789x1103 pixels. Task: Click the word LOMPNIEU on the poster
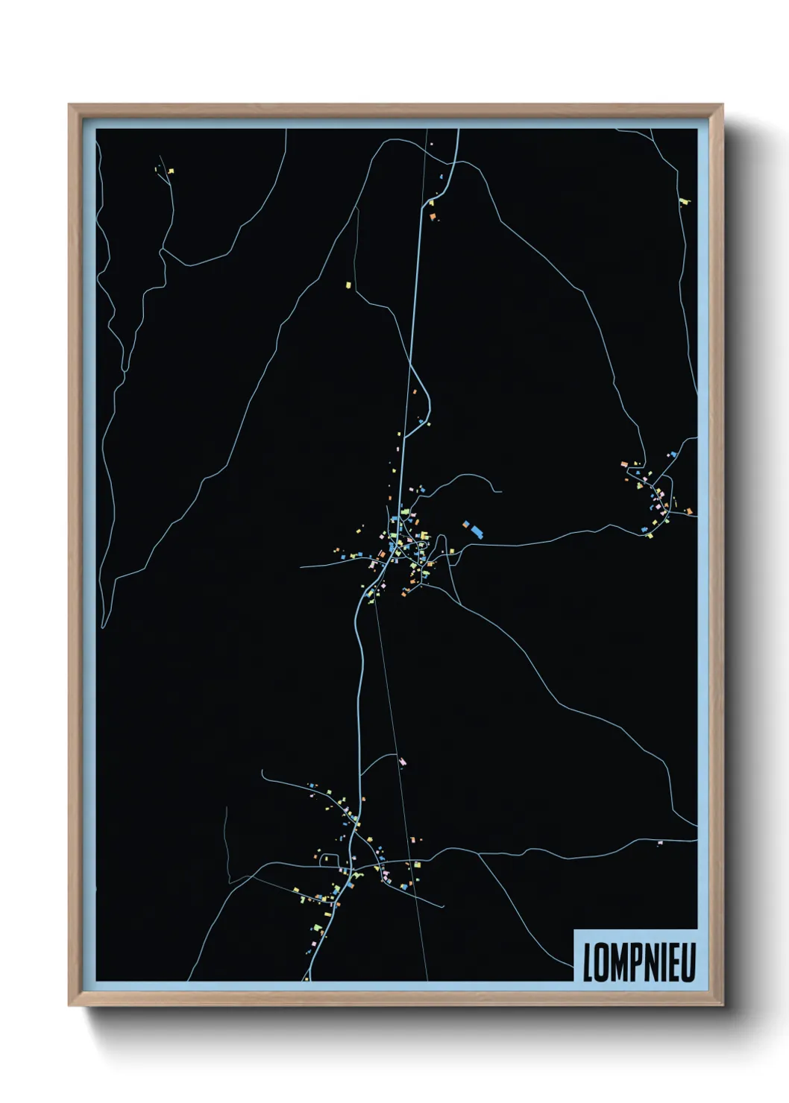638,961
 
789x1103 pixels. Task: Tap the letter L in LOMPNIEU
588,961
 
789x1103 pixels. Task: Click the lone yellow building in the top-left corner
171,171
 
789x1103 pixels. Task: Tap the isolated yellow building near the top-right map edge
685,201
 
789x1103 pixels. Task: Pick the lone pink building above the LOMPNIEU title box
660,843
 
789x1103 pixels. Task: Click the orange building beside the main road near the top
432,215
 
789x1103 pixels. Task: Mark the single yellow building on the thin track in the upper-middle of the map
348,284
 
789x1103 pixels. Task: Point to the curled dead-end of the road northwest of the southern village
263,774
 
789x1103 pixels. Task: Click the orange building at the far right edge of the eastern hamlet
689,511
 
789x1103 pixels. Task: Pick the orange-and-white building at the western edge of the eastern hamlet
624,464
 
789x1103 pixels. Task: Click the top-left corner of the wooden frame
70,106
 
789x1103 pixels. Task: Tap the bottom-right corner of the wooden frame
722,1005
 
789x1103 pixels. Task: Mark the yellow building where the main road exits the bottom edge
306,978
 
